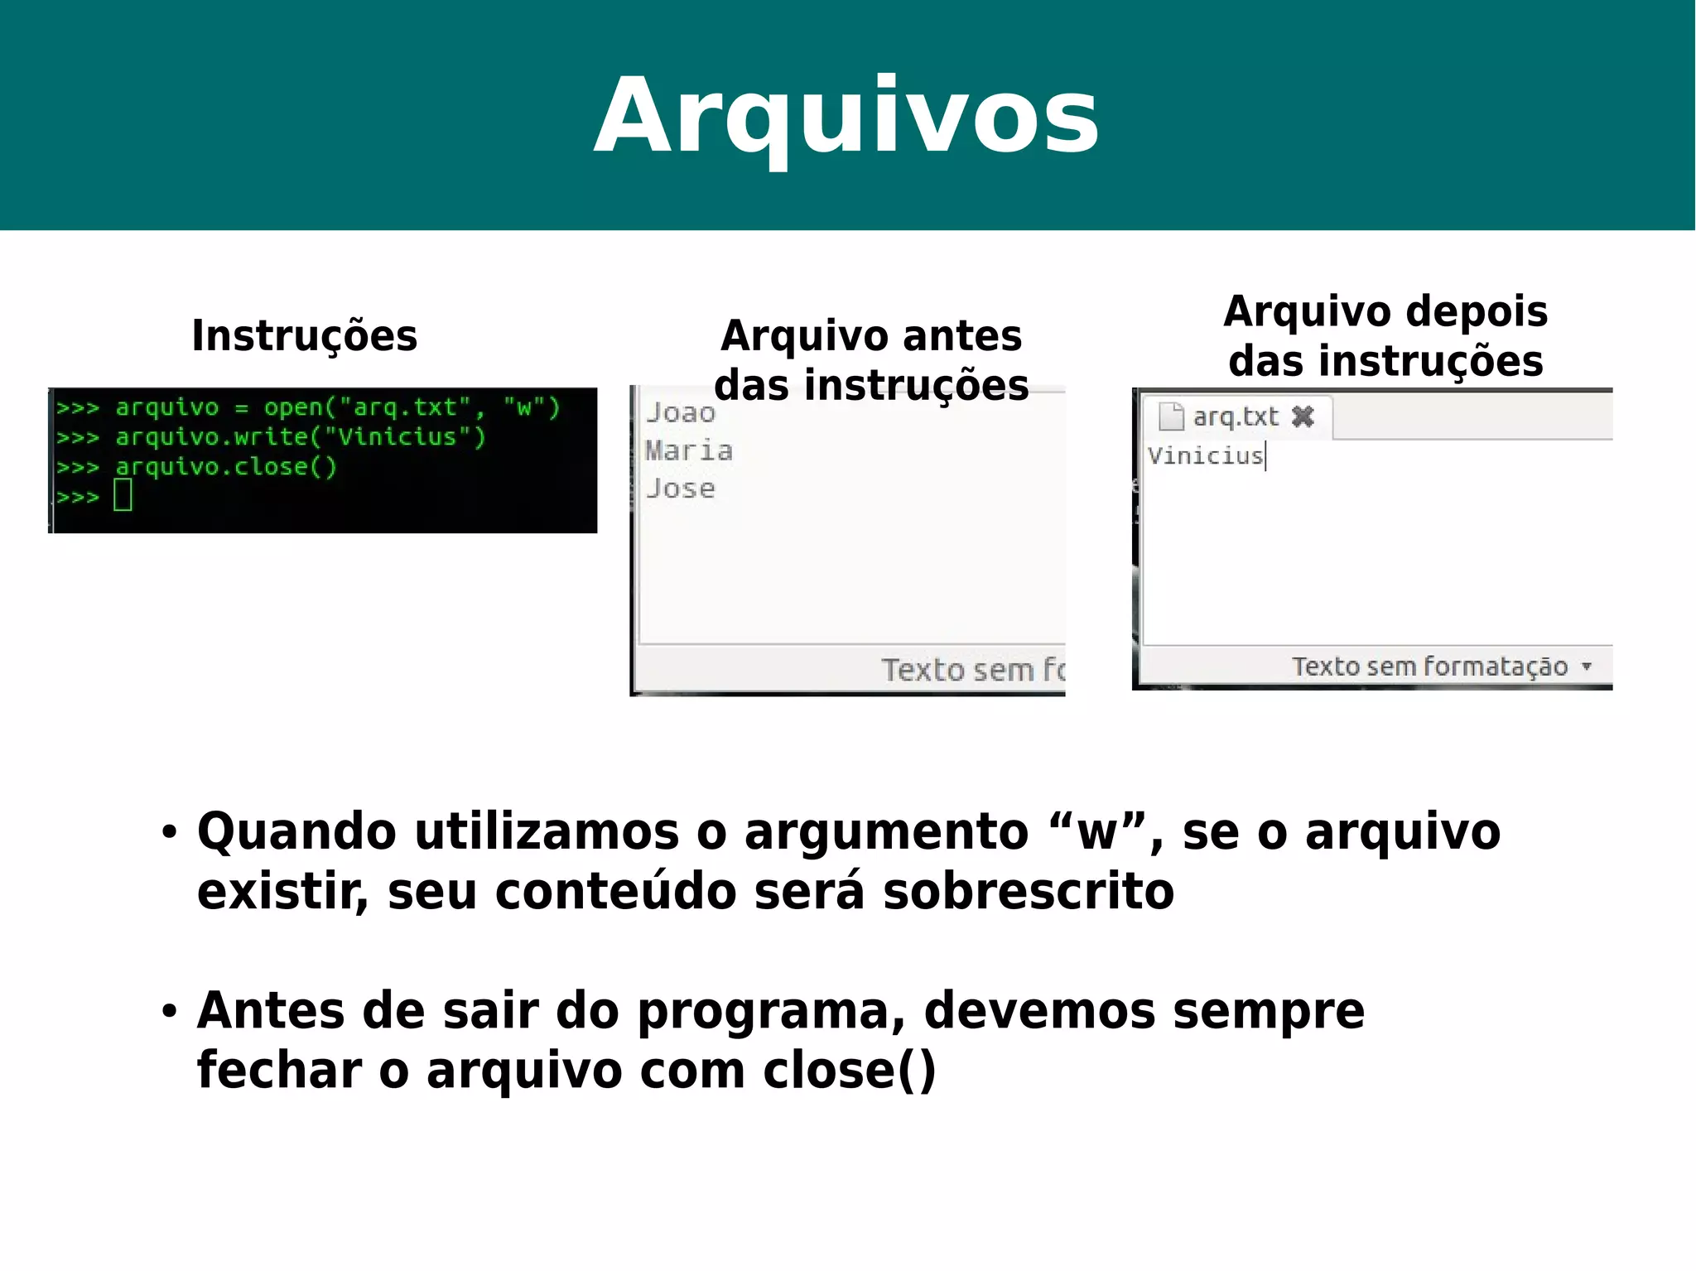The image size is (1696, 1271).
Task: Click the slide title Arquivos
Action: click(x=846, y=116)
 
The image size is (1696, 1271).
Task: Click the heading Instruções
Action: click(x=304, y=335)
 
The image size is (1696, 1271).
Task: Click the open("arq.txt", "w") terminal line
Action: click(x=308, y=407)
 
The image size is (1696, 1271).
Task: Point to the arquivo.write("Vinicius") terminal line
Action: click(x=271, y=436)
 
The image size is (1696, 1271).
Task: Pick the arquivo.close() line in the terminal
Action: click(x=196, y=466)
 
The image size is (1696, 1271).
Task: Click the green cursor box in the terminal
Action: click(x=123, y=495)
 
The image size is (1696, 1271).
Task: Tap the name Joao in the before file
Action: click(x=681, y=412)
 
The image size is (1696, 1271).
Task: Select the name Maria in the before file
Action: click(x=689, y=450)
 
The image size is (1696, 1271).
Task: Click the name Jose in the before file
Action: click(x=681, y=489)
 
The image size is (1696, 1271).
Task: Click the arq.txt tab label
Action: click(x=1235, y=416)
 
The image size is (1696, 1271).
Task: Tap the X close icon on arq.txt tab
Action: click(x=1303, y=416)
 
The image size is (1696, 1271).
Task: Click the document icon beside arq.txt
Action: click(x=1171, y=416)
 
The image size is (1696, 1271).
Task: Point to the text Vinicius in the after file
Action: click(x=1205, y=455)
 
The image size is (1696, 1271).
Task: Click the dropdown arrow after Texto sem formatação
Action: click(x=1586, y=666)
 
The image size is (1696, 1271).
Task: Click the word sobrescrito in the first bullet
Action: click(x=1028, y=892)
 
